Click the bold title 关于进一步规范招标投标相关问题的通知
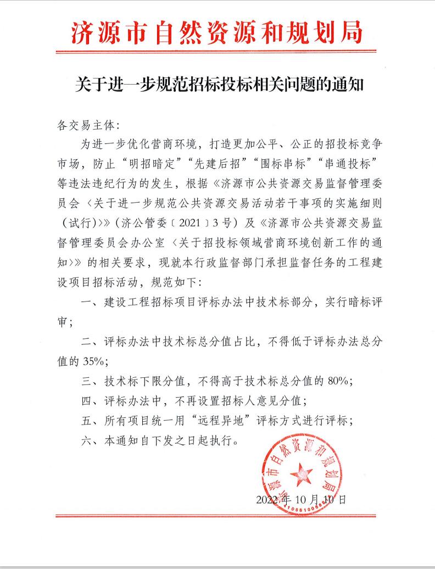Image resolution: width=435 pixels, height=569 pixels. coord(218,86)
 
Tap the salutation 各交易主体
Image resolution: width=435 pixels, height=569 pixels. coord(85,125)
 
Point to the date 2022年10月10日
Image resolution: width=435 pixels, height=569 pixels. coord(302,500)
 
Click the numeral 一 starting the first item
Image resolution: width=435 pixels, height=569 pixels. coord(85,300)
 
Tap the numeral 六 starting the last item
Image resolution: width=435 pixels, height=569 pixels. coord(85,440)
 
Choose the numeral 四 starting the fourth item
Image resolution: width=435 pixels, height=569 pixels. coord(85,401)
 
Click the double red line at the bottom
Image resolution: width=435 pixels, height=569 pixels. coord(217,516)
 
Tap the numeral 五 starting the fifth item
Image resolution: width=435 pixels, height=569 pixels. coord(85,421)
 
